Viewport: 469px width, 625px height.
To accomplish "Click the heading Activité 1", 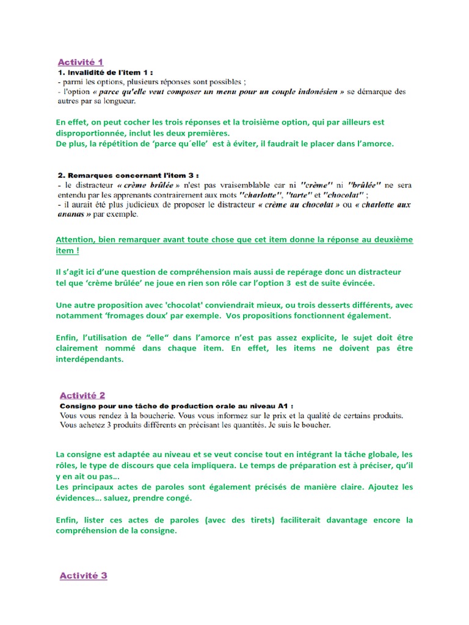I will click(x=81, y=62).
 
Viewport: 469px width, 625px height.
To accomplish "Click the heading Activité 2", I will click(x=82, y=396).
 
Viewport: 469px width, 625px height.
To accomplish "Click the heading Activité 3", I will click(x=83, y=576).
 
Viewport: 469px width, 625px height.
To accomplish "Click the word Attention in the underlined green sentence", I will click(x=76, y=240).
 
